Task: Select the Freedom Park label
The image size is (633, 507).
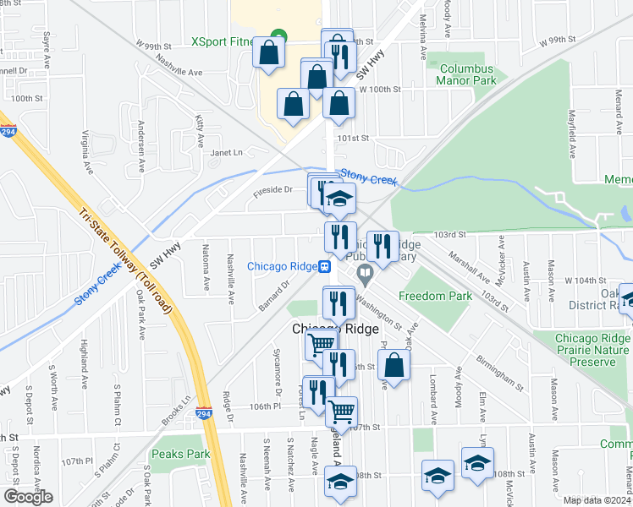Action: [x=435, y=296]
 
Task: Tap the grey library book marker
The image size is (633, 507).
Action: [x=365, y=272]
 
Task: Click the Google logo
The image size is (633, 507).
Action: [x=28, y=496]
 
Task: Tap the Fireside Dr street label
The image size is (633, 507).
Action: [x=272, y=192]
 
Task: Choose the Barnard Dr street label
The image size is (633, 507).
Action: [x=274, y=295]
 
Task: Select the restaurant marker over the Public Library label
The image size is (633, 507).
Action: [x=383, y=248]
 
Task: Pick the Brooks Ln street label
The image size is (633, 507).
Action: [x=176, y=415]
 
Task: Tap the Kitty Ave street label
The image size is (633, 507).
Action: [x=200, y=128]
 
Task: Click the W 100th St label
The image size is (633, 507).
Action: [x=378, y=89]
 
